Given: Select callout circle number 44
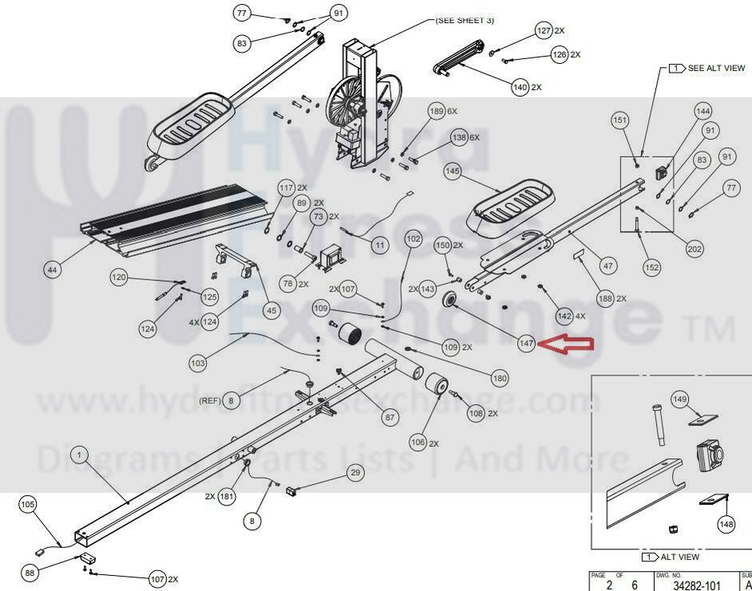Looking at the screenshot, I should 52,270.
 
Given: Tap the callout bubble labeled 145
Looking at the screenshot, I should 452,171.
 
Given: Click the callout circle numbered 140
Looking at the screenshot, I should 520,86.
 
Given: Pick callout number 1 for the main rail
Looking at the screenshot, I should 80,454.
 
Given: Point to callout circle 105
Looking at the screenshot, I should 28,505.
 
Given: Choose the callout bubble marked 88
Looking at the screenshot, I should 30,573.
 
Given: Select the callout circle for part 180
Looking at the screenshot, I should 500,379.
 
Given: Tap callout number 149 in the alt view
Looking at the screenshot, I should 679,399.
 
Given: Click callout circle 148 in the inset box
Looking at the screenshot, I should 726,525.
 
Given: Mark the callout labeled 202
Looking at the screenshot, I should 695,249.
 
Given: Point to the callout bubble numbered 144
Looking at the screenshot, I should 702,111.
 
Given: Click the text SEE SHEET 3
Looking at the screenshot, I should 464,20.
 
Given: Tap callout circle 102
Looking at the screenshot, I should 413,238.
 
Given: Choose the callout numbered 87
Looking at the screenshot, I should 390,417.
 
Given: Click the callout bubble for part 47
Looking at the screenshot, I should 608,266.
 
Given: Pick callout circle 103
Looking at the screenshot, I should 197,363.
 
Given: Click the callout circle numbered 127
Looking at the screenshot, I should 543,30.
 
